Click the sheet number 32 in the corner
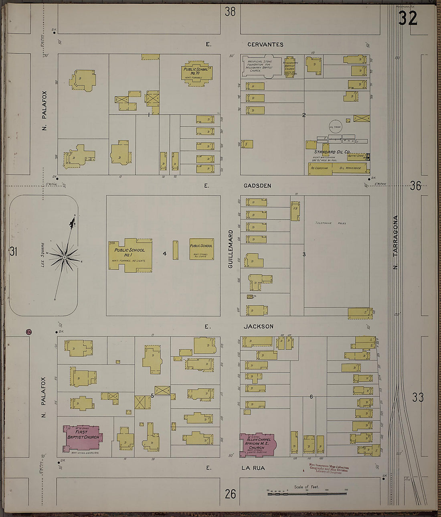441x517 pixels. coord(408,18)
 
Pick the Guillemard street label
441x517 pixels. coord(230,249)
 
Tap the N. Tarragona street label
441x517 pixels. coord(396,242)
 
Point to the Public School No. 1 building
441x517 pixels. coord(130,255)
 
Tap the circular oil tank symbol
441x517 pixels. coord(335,127)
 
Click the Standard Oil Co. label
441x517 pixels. coord(332,152)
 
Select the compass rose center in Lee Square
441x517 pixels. coord(64,257)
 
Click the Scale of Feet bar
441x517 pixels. coord(307,493)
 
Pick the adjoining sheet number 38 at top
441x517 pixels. coord(230,12)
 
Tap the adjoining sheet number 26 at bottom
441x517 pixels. coord(230,494)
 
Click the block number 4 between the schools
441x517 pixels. coord(164,253)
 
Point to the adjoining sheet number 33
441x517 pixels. coord(418,397)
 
